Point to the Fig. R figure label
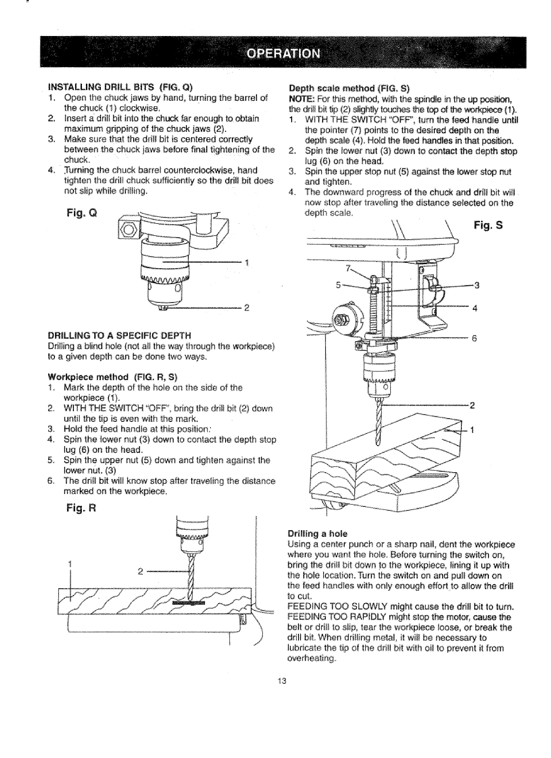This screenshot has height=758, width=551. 81,509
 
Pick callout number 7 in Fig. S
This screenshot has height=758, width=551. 347,268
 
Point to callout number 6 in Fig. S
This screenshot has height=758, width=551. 474,339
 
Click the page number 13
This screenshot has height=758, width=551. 282,680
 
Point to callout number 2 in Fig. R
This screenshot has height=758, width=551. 140,571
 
